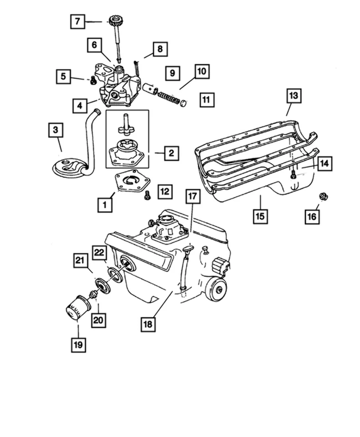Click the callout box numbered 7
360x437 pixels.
pyautogui.click(x=77, y=21)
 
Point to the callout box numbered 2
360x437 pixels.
pyautogui.click(x=171, y=153)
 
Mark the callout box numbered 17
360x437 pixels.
pyautogui.click(x=193, y=197)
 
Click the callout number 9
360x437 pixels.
pyautogui.click(x=172, y=72)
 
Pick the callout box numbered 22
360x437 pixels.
pyautogui.click(x=100, y=252)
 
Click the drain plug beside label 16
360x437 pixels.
pyautogui.click(x=324, y=197)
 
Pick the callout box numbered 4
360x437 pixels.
pyautogui.click(x=80, y=106)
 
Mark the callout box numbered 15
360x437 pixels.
pyautogui.click(x=259, y=216)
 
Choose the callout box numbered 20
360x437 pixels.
pyautogui.click(x=98, y=320)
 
